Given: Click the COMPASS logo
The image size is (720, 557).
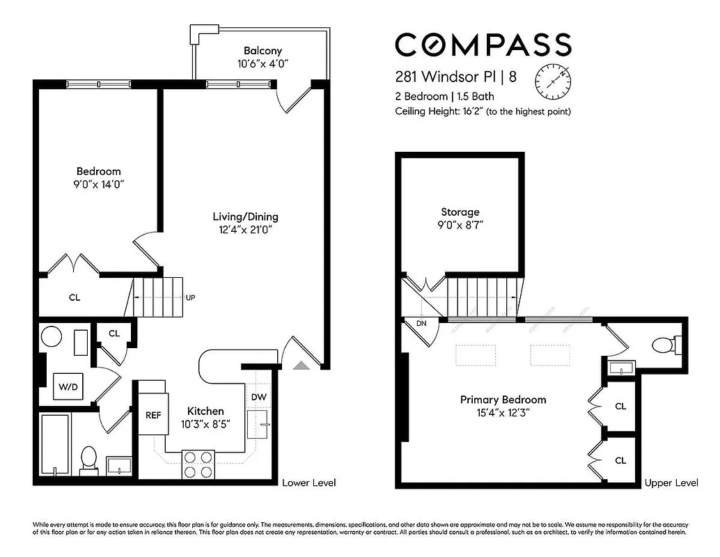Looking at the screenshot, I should [483, 45].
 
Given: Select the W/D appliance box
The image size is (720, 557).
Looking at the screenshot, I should [68, 385].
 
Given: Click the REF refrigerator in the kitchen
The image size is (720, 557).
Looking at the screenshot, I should [153, 415].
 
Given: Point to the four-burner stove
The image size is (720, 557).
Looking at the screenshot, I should [198, 464].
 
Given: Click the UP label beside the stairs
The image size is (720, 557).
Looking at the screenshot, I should [190, 297].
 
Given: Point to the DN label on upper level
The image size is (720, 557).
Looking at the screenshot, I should [421, 324].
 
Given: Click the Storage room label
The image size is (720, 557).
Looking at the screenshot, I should [460, 212].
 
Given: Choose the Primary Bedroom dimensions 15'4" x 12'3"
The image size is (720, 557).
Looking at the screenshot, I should [503, 413].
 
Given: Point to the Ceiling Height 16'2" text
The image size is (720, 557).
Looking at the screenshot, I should [483, 111].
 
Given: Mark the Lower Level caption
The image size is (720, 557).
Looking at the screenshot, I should [308, 483].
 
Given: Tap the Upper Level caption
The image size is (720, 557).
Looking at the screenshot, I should [671, 483].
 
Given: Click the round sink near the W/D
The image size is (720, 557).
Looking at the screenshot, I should [52, 338].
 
